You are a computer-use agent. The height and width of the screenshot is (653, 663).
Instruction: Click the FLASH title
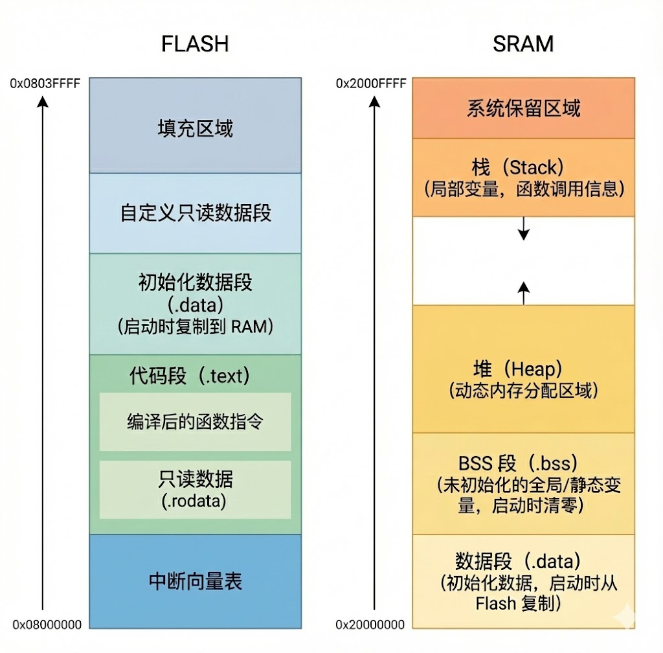coord(195,44)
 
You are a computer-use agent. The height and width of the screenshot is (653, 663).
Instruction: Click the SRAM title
coord(523,44)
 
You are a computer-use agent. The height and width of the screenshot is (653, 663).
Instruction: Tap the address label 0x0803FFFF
coord(45,84)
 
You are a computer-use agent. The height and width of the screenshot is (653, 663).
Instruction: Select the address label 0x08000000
coord(47,624)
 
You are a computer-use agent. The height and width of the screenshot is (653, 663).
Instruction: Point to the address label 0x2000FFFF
coord(371,84)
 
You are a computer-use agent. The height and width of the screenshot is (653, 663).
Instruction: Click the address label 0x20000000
coord(370,624)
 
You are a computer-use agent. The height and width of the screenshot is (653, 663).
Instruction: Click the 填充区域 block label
coord(195,128)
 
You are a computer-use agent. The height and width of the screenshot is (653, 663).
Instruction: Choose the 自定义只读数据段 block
coord(195,213)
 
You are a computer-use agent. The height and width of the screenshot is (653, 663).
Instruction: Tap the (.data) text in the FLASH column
coord(195,304)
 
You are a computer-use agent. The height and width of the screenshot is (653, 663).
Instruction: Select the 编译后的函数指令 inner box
coord(195,422)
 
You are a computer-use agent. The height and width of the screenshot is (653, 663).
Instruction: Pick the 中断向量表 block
coord(195,581)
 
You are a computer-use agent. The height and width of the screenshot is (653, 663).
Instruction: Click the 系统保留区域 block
coord(523,108)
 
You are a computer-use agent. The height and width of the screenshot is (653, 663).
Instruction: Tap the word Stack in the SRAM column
coord(532,168)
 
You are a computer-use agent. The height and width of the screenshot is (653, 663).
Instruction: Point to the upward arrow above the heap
coord(523,290)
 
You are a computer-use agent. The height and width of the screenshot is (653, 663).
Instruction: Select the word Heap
coord(533,369)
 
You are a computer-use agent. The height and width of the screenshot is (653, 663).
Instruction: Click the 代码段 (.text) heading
coord(189,375)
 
